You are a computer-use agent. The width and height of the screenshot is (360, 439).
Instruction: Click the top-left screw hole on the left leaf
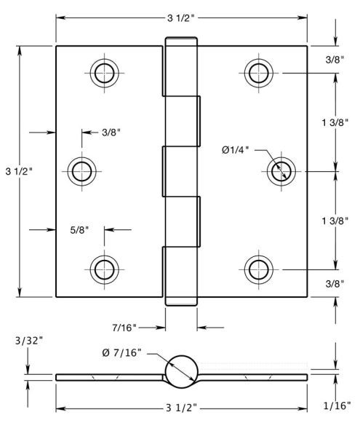tap(104, 73)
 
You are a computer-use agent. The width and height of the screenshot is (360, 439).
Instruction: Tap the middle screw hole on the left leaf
tap(81, 171)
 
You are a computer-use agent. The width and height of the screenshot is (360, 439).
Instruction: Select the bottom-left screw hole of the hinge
tap(104, 269)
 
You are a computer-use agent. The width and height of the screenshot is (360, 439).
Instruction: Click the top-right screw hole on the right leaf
tap(259, 73)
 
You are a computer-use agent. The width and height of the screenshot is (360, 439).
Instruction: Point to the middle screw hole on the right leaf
tap(281, 171)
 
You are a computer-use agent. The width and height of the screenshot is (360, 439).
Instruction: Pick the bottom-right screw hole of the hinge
tap(259, 269)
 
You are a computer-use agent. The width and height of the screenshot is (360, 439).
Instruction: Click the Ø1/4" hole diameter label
tap(235, 150)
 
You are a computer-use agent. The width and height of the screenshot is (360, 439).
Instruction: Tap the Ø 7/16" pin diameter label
tap(122, 353)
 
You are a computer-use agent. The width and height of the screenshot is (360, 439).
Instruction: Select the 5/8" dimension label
tap(79, 230)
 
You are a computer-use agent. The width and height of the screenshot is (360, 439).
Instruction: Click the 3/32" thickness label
tap(29, 341)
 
